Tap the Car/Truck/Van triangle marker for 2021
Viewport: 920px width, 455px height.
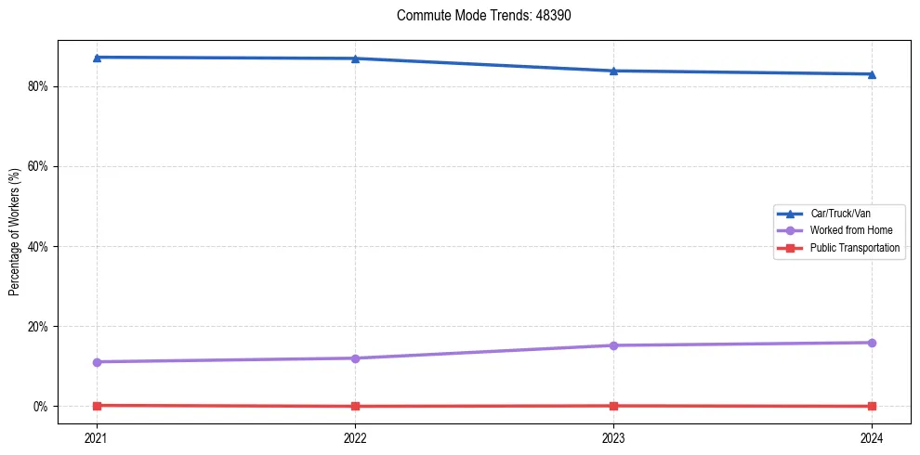click(x=97, y=58)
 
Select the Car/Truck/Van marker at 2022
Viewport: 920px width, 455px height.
click(x=355, y=58)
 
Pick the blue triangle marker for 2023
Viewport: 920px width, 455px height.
click(x=613, y=71)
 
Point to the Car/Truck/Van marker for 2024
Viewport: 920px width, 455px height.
click(x=872, y=74)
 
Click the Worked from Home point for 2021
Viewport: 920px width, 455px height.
click(x=97, y=362)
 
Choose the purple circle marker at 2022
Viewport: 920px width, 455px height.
click(x=355, y=358)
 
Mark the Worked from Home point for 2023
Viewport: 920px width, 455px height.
click(x=613, y=345)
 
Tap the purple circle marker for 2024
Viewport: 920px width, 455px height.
click(x=872, y=343)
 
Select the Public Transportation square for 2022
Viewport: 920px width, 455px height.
click(x=355, y=406)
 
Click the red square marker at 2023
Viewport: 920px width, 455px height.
click(x=613, y=406)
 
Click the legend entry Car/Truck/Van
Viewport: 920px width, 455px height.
click(x=839, y=214)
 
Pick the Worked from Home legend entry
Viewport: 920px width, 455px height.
click(x=847, y=230)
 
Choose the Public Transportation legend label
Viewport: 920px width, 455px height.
click(x=855, y=248)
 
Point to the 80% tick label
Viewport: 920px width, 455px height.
click(x=38, y=86)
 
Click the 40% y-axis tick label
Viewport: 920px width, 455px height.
click(x=38, y=247)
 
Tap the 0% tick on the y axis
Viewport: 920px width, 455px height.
click(x=41, y=407)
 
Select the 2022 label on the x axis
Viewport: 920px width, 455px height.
click(x=355, y=436)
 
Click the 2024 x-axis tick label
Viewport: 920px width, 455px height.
click(x=872, y=436)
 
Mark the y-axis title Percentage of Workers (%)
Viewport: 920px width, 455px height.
click(x=15, y=232)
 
